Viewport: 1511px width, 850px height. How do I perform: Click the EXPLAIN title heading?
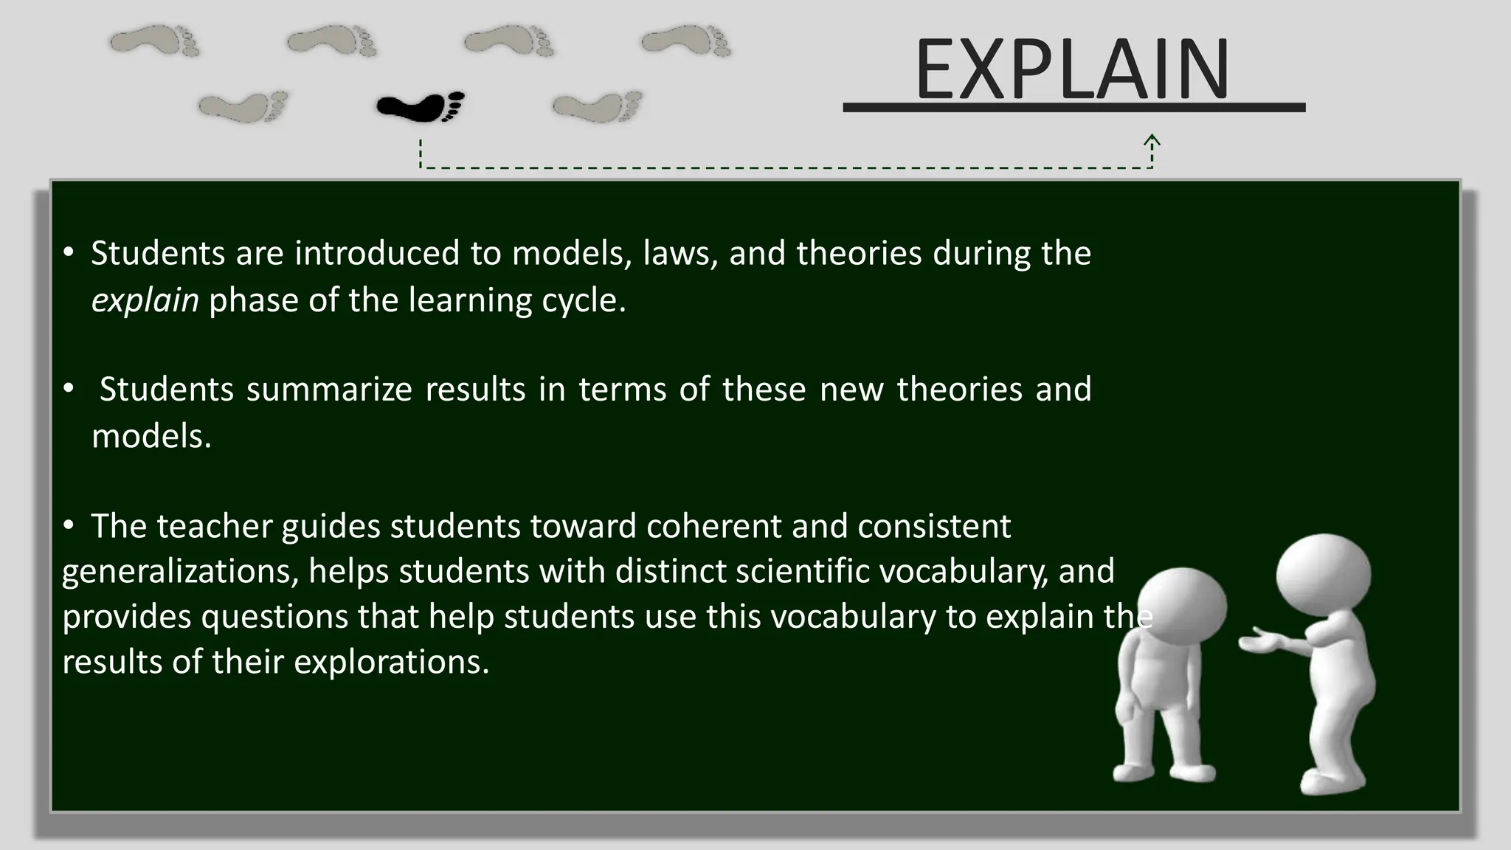click(1072, 71)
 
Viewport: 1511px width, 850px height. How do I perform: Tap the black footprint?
click(421, 106)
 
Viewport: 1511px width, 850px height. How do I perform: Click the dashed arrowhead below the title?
click(1152, 140)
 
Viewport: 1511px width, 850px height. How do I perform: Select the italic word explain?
click(145, 300)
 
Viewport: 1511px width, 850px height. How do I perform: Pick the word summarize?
click(329, 389)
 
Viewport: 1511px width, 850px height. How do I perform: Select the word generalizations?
click(180, 571)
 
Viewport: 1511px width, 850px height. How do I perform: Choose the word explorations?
click(391, 662)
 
